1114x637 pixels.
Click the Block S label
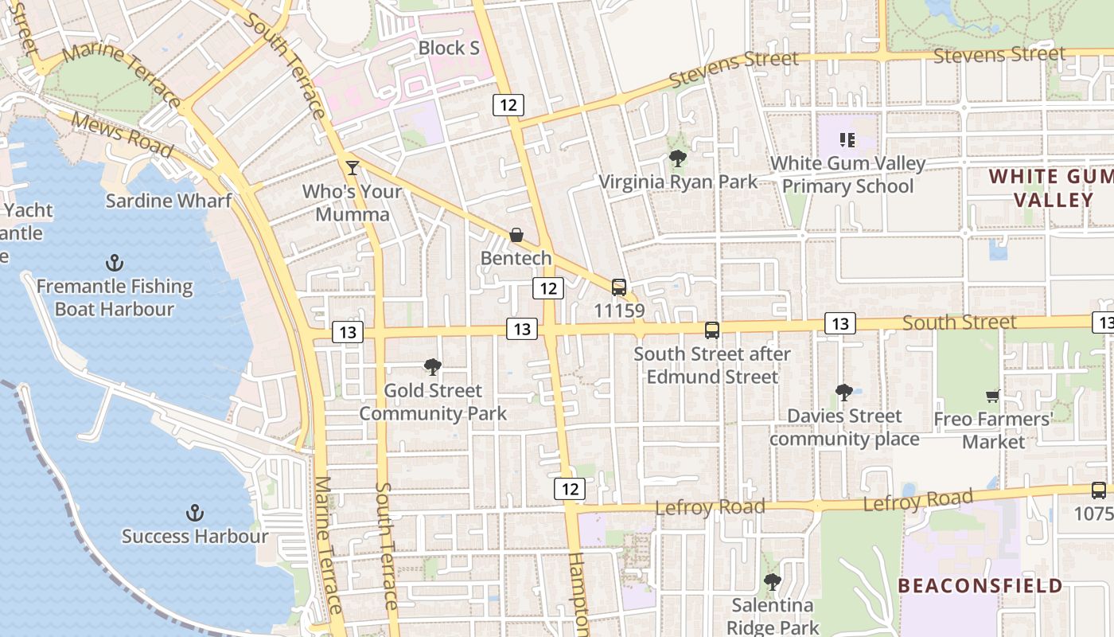[449, 49]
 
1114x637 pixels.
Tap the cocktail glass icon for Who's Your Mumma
[353, 167]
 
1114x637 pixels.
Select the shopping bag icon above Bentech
[516, 235]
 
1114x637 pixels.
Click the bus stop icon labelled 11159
[618, 287]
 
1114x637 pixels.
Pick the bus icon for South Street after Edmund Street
[712, 330]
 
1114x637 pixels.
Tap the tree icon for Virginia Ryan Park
[678, 158]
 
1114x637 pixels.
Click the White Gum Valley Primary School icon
[847, 140]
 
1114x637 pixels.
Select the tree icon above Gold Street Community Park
[433, 366]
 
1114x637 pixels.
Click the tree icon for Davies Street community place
[844, 392]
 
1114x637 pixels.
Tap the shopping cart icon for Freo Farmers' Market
[992, 396]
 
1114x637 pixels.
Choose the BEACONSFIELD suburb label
[980, 586]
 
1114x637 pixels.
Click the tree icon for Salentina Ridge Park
[772, 581]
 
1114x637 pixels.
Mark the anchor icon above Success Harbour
[195, 513]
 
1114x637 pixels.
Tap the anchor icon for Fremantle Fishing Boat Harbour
[115, 263]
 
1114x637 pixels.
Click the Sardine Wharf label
[169, 200]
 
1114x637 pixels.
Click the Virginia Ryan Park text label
[678, 182]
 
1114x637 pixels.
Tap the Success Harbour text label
[195, 536]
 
